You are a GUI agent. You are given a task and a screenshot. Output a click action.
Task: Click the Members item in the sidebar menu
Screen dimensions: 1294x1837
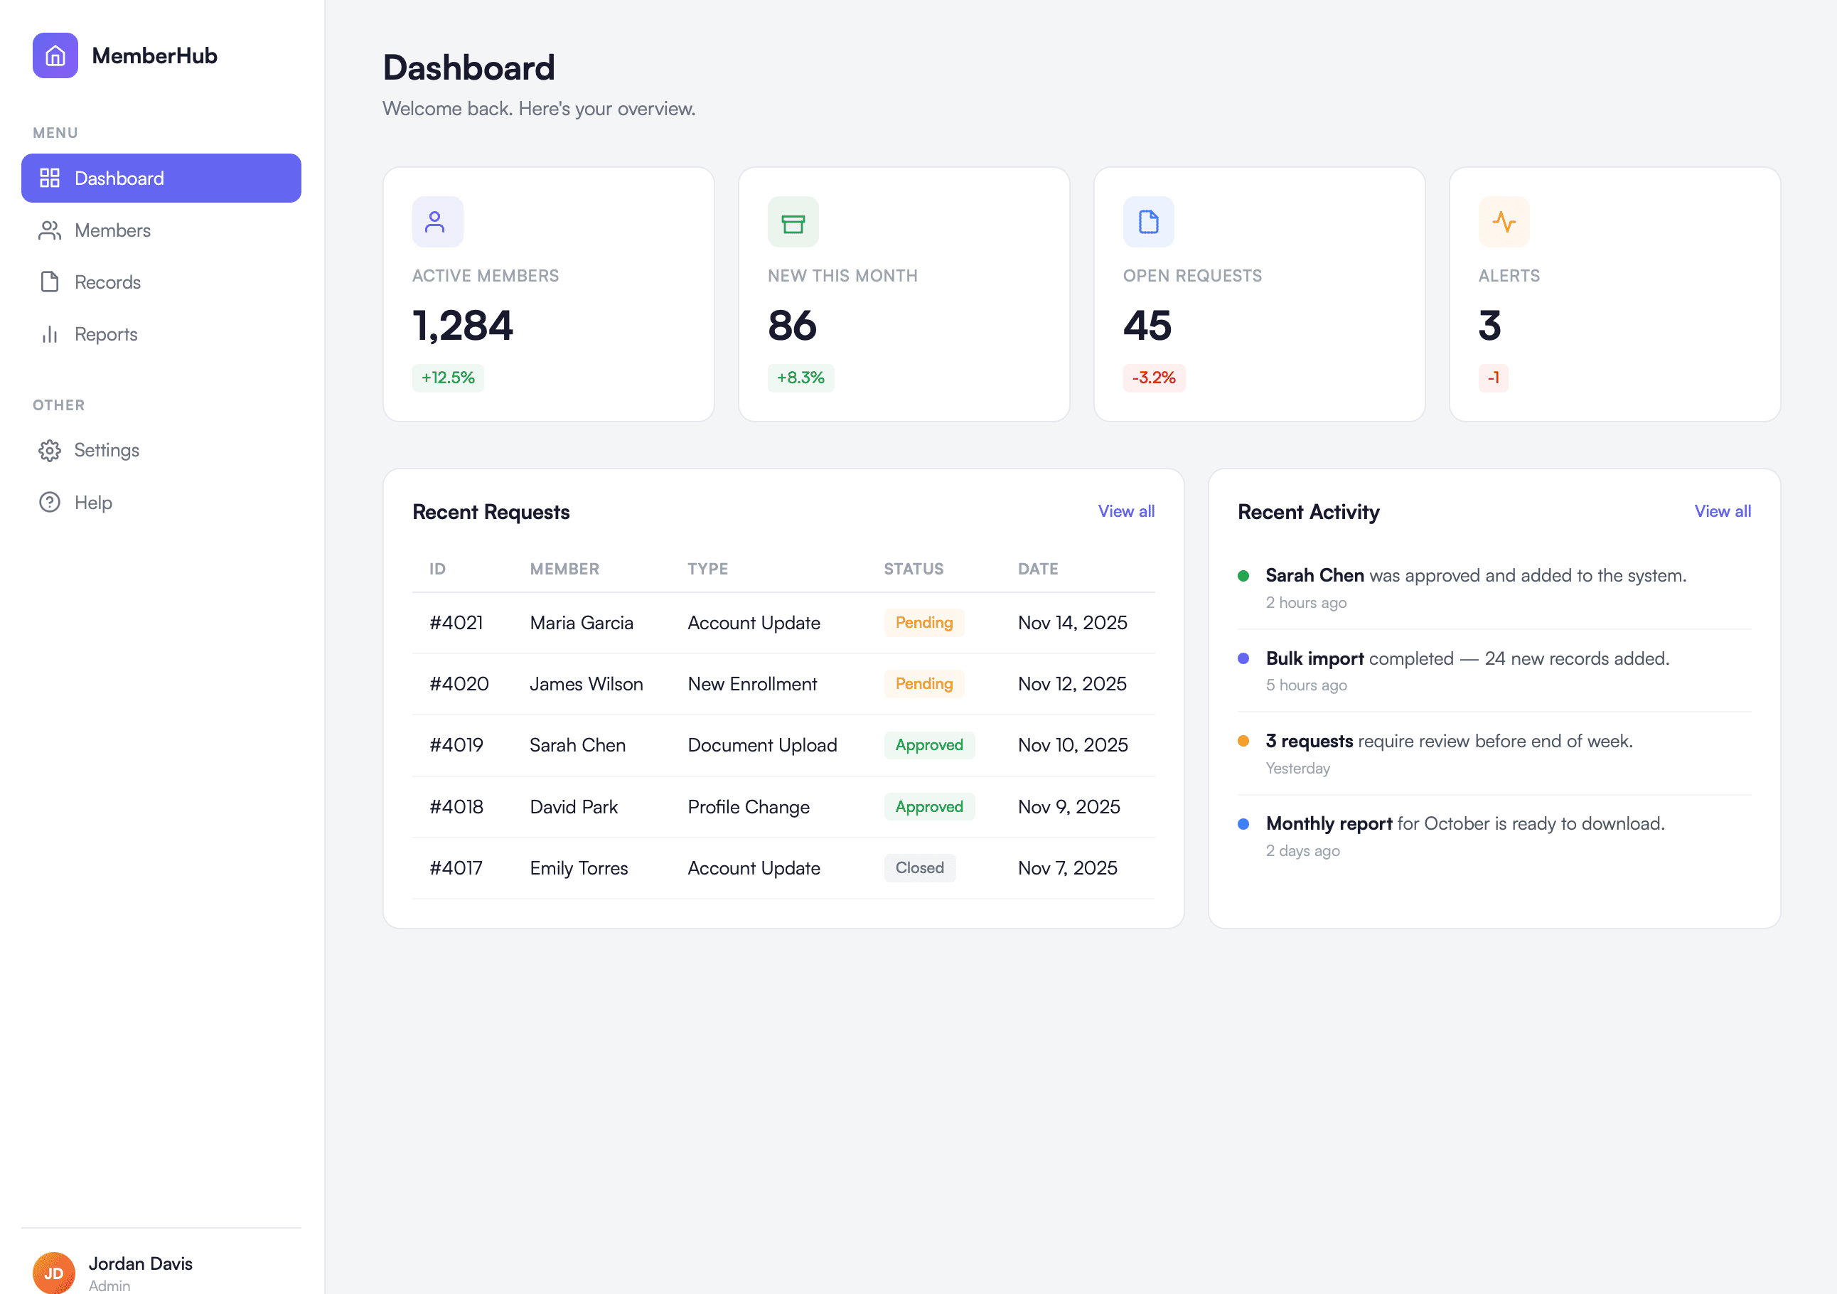tap(112, 230)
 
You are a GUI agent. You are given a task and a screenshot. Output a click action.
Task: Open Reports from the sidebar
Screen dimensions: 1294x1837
tap(106, 334)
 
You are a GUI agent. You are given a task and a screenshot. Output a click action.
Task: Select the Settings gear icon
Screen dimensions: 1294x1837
tap(50, 451)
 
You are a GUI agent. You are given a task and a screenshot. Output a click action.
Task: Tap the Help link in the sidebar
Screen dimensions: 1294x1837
tap(93, 503)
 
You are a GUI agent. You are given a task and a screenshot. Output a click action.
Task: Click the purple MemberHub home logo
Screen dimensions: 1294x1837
tap(55, 56)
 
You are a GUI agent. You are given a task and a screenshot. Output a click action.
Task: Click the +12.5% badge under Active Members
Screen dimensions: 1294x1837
tap(448, 378)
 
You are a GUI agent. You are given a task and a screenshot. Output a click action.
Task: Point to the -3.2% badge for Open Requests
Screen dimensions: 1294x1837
tap(1153, 378)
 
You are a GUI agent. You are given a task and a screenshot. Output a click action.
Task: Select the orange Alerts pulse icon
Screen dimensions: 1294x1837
tap(1504, 222)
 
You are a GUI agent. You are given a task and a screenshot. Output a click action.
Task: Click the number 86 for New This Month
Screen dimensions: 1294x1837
tap(792, 326)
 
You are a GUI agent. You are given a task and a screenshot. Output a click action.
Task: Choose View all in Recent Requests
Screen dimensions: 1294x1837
tap(1125, 511)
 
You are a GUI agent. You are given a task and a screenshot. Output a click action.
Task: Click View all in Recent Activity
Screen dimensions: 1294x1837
tap(1722, 511)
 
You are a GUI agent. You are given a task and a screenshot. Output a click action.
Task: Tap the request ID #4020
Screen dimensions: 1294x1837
tap(459, 684)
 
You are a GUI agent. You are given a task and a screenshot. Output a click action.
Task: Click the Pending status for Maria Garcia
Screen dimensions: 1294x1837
tap(923, 623)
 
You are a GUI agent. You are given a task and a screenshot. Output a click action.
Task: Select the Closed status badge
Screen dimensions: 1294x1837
tap(919, 868)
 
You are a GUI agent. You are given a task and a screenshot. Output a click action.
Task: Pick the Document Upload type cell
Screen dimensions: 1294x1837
tap(761, 745)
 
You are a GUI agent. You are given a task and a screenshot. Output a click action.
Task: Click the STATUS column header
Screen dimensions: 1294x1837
tap(913, 569)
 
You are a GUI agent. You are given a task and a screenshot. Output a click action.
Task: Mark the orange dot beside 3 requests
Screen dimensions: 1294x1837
tap(1243, 741)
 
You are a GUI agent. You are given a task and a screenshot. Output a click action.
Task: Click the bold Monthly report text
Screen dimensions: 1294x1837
tap(1328, 823)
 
